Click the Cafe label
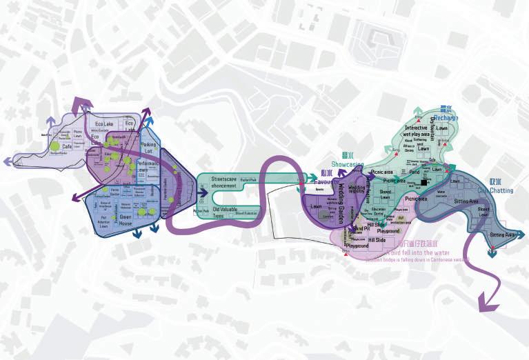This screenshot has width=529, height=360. pos(67,146)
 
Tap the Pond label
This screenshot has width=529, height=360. pos(414,172)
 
